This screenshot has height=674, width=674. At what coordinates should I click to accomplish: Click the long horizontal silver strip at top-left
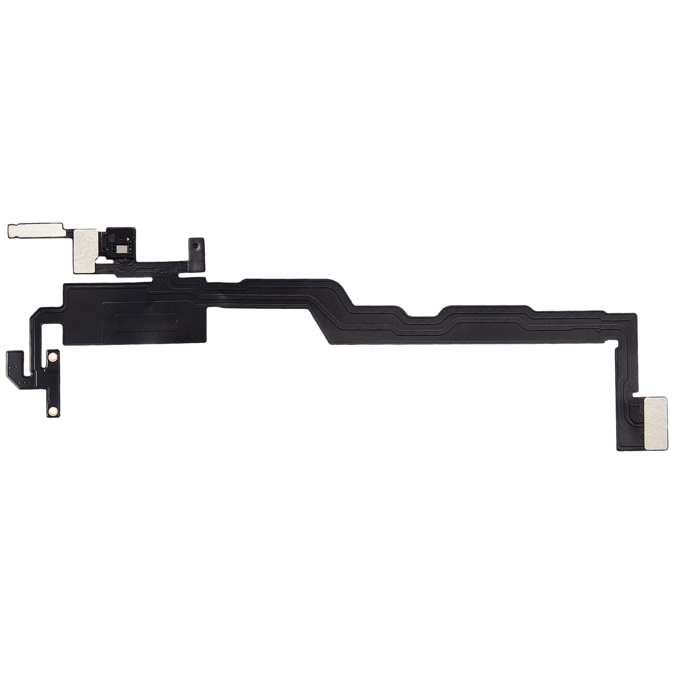point(37,230)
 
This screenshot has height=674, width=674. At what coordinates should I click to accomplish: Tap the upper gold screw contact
point(53,357)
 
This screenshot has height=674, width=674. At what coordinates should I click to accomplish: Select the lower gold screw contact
point(52,411)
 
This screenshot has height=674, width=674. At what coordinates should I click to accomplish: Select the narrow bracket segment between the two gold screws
point(52,384)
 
